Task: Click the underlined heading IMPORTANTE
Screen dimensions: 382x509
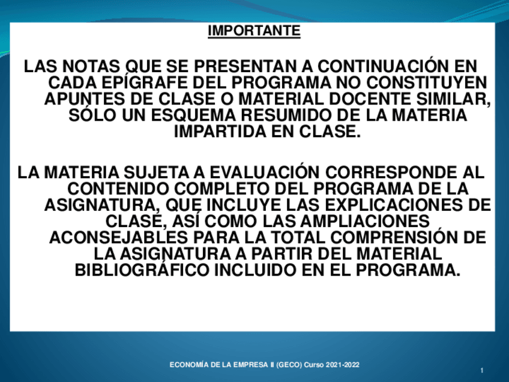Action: coord(254,31)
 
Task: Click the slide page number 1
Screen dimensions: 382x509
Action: coord(482,372)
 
